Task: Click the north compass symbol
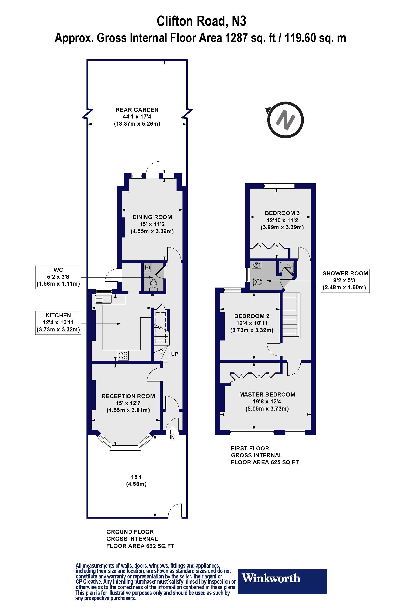point(285,120)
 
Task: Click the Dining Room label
point(152,217)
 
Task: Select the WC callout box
point(58,277)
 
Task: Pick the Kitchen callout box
point(58,322)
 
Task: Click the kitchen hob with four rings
point(123,356)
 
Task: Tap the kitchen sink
point(103,299)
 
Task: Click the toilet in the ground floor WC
point(153,284)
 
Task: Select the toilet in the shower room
point(257,281)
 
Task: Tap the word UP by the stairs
point(175,354)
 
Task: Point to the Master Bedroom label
point(267,394)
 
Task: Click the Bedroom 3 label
point(282,213)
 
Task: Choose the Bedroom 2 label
point(252,316)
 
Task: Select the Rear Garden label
point(137,110)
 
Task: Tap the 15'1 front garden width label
point(136,477)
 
